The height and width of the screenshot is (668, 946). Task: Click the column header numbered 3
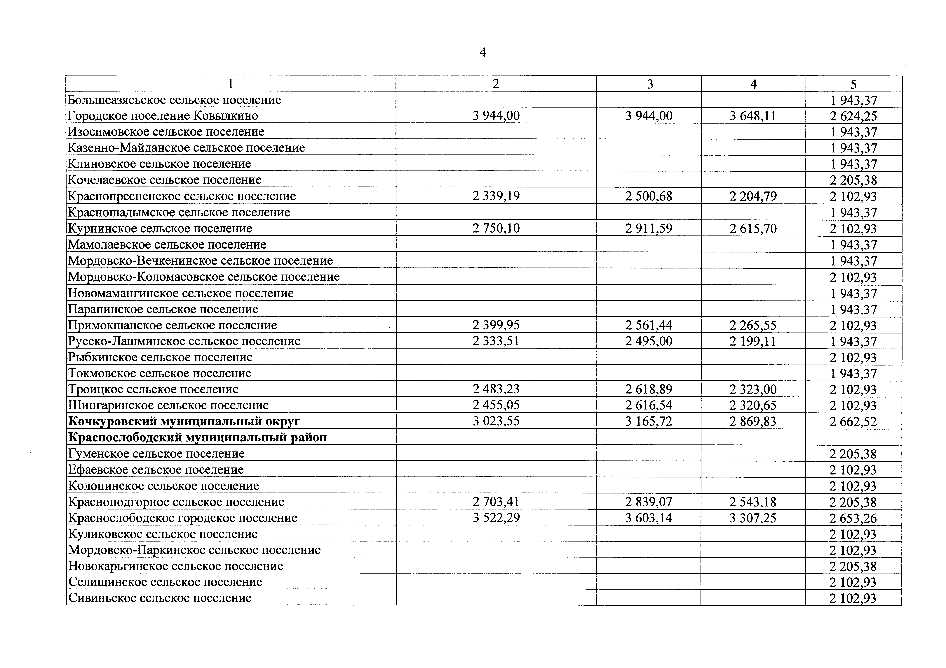650,84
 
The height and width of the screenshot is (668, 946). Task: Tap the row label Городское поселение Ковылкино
163,116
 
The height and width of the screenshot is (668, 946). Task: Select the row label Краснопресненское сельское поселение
182,196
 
